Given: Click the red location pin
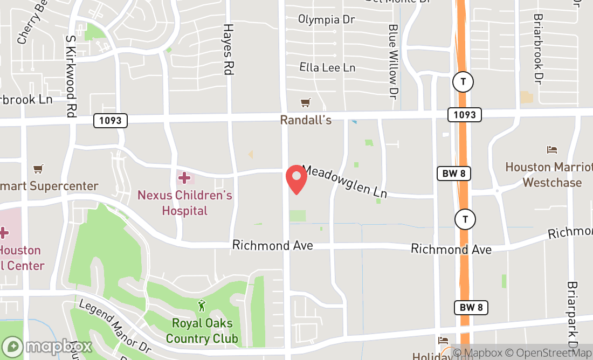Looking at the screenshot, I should [296, 179].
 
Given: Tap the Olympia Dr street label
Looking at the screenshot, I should [327, 20].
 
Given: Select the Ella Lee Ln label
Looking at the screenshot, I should [327, 67].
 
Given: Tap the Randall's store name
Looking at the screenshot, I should [306, 120].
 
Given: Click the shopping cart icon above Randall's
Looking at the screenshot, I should [306, 102].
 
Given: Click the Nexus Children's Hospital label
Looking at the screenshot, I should [185, 203].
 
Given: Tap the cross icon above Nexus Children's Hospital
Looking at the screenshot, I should [184, 177].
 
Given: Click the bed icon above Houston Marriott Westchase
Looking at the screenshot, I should [551, 150].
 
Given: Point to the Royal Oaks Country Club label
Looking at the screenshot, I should [202, 331].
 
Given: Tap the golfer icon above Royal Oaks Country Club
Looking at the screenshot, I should [202, 306].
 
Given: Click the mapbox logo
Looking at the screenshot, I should [47, 346].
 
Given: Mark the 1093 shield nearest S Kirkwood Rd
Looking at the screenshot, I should [111, 121].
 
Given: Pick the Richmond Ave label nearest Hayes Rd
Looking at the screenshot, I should [272, 246].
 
